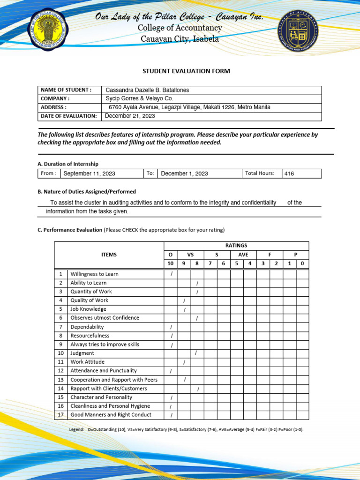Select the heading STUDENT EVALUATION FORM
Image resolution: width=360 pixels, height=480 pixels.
(187, 71)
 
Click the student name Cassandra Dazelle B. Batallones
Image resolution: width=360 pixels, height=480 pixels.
(148, 90)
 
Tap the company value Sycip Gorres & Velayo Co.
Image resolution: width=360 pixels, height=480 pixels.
(140, 98)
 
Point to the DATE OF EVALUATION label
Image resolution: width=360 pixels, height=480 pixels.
(69, 116)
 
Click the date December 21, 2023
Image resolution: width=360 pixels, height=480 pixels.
(130, 116)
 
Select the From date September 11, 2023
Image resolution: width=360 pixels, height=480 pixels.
(89, 173)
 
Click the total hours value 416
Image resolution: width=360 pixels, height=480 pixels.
(289, 173)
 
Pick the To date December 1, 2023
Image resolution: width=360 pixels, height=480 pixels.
(184, 173)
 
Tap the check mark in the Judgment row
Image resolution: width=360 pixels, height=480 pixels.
(196, 353)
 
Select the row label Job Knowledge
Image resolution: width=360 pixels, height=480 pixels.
(88, 309)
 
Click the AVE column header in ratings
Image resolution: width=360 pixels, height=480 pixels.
(243, 255)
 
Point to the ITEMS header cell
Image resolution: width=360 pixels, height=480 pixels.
(109, 255)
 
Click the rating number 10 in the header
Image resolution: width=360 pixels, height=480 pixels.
(171, 263)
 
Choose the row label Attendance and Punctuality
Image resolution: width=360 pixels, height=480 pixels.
(104, 371)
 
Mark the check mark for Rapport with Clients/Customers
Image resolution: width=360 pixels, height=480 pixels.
(198, 389)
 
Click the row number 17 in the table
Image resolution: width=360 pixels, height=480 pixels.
(60, 415)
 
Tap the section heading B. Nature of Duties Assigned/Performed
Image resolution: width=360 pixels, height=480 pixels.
(87, 191)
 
